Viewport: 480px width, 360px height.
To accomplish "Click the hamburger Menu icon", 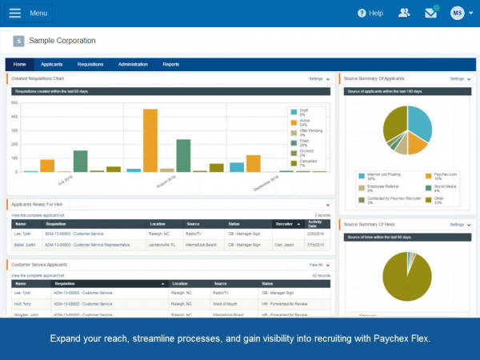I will pyautogui.click(x=16, y=13).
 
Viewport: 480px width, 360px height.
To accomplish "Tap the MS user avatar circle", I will pyautogui.click(x=457, y=13).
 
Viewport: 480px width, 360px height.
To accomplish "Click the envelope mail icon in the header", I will pyautogui.click(x=431, y=13).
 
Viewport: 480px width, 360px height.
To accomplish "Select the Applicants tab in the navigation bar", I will pyautogui.click(x=52, y=64).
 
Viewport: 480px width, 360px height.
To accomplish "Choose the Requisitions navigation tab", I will pyautogui.click(x=90, y=64).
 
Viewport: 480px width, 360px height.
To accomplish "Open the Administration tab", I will pyautogui.click(x=133, y=64).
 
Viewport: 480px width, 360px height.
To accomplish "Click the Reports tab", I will pyautogui.click(x=171, y=64).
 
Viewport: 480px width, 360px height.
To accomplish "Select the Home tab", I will pyautogui.click(x=19, y=64).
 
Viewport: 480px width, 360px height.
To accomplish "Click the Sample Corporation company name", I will pyautogui.click(x=62, y=41).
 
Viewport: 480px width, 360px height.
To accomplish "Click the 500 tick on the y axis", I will pyautogui.click(x=15, y=103).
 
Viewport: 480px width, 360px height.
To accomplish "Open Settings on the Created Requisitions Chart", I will pyautogui.click(x=318, y=79).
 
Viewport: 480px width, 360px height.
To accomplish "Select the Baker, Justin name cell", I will pyautogui.click(x=24, y=243).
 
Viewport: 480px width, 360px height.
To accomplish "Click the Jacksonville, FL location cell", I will pyautogui.click(x=166, y=243).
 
